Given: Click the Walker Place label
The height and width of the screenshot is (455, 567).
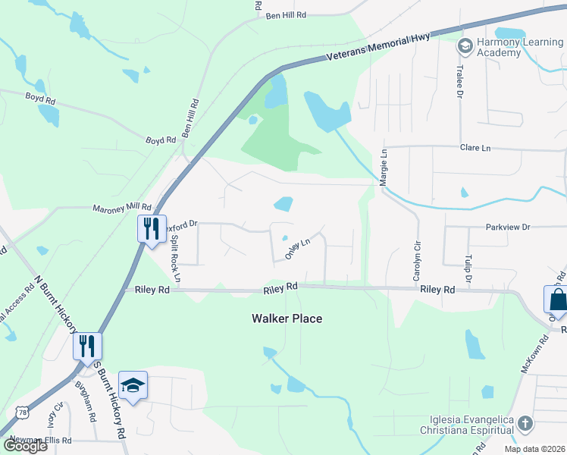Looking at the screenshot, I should (x=287, y=318).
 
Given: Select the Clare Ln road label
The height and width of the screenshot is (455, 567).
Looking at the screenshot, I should (x=475, y=148).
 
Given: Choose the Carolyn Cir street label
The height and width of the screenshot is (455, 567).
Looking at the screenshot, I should (x=416, y=262).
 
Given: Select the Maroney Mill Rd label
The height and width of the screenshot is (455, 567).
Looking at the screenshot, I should (x=122, y=207).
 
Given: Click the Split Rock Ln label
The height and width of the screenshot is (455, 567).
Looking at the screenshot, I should (x=176, y=258).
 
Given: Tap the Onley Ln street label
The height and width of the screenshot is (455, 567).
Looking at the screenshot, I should (x=298, y=249).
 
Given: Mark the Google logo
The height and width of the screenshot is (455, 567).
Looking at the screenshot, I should (x=25, y=445).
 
